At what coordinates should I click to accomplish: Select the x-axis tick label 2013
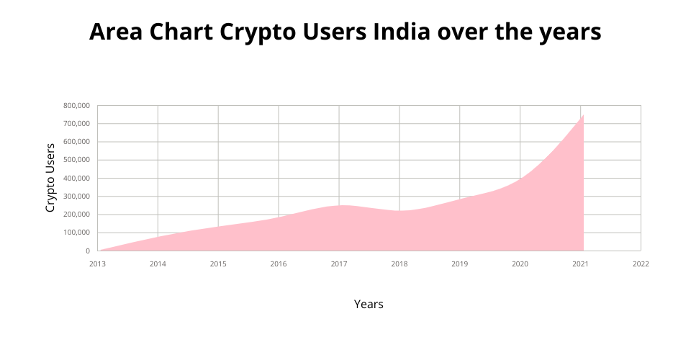[97, 264]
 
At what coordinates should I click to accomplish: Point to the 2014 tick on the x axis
[158, 264]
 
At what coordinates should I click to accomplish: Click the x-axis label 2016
[279, 264]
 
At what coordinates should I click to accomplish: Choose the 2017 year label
[339, 264]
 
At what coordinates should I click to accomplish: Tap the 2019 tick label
[460, 264]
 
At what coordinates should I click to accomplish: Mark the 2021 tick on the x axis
[580, 264]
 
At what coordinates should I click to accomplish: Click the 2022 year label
[641, 264]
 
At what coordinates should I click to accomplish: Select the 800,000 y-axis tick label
[76, 106]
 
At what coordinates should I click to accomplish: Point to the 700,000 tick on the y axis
[76, 124]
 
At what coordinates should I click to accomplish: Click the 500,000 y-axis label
[76, 160]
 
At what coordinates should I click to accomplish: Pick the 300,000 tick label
[76, 197]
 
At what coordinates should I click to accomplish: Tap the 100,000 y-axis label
[76, 233]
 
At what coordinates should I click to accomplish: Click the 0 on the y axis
[87, 251]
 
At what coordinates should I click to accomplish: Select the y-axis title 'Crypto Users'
[50, 178]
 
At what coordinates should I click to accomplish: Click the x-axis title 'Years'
[369, 304]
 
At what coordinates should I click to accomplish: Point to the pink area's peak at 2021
[582, 116]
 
